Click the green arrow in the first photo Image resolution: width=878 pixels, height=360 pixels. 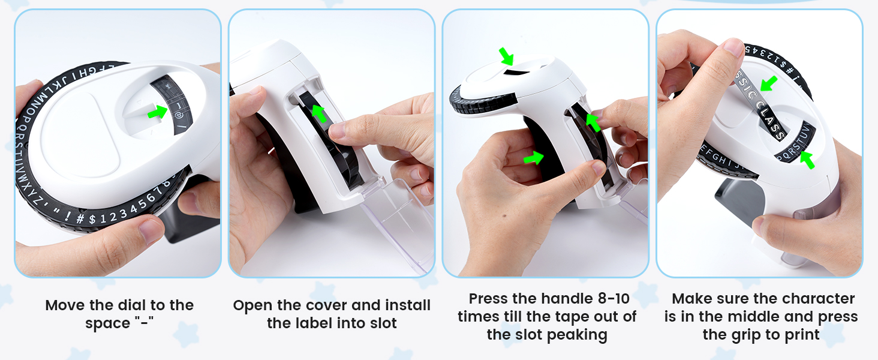pyautogui.click(x=158, y=112)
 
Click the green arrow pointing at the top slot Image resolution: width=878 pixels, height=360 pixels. pyautogui.click(x=507, y=56)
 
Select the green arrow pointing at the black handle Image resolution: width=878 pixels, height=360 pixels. pyautogui.click(x=533, y=158)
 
